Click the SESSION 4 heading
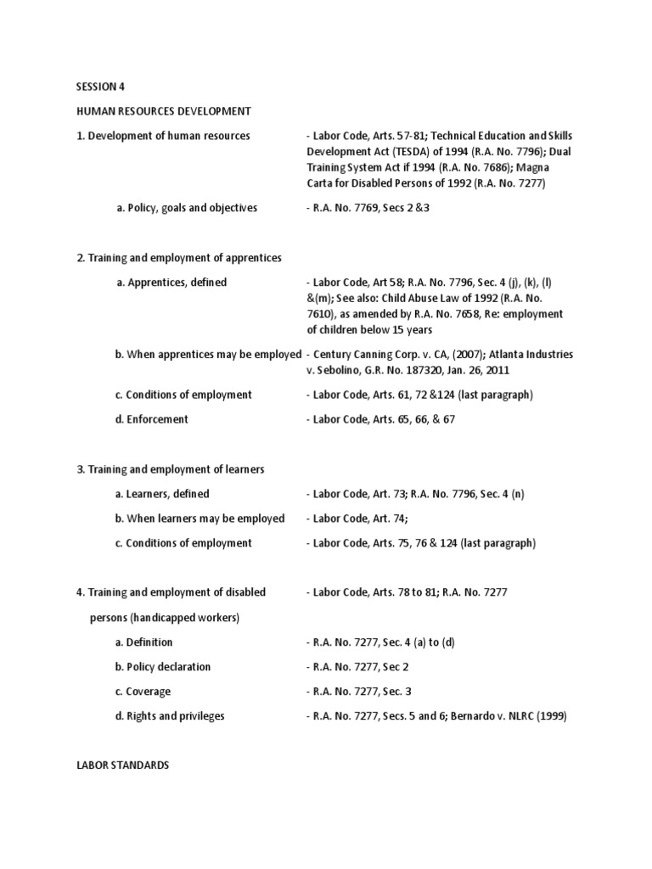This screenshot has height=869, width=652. tap(101, 86)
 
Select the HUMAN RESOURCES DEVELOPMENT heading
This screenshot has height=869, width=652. tap(164, 110)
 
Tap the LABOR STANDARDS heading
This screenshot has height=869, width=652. tap(122, 765)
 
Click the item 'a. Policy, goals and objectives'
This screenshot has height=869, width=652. tap(186, 208)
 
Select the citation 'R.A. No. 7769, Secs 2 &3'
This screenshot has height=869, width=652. tap(372, 208)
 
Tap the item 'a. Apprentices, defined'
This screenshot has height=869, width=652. tap(171, 282)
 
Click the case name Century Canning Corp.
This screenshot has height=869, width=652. tap(369, 354)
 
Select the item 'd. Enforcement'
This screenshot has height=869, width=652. tap(152, 419)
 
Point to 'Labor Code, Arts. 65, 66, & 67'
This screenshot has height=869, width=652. tap(384, 419)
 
